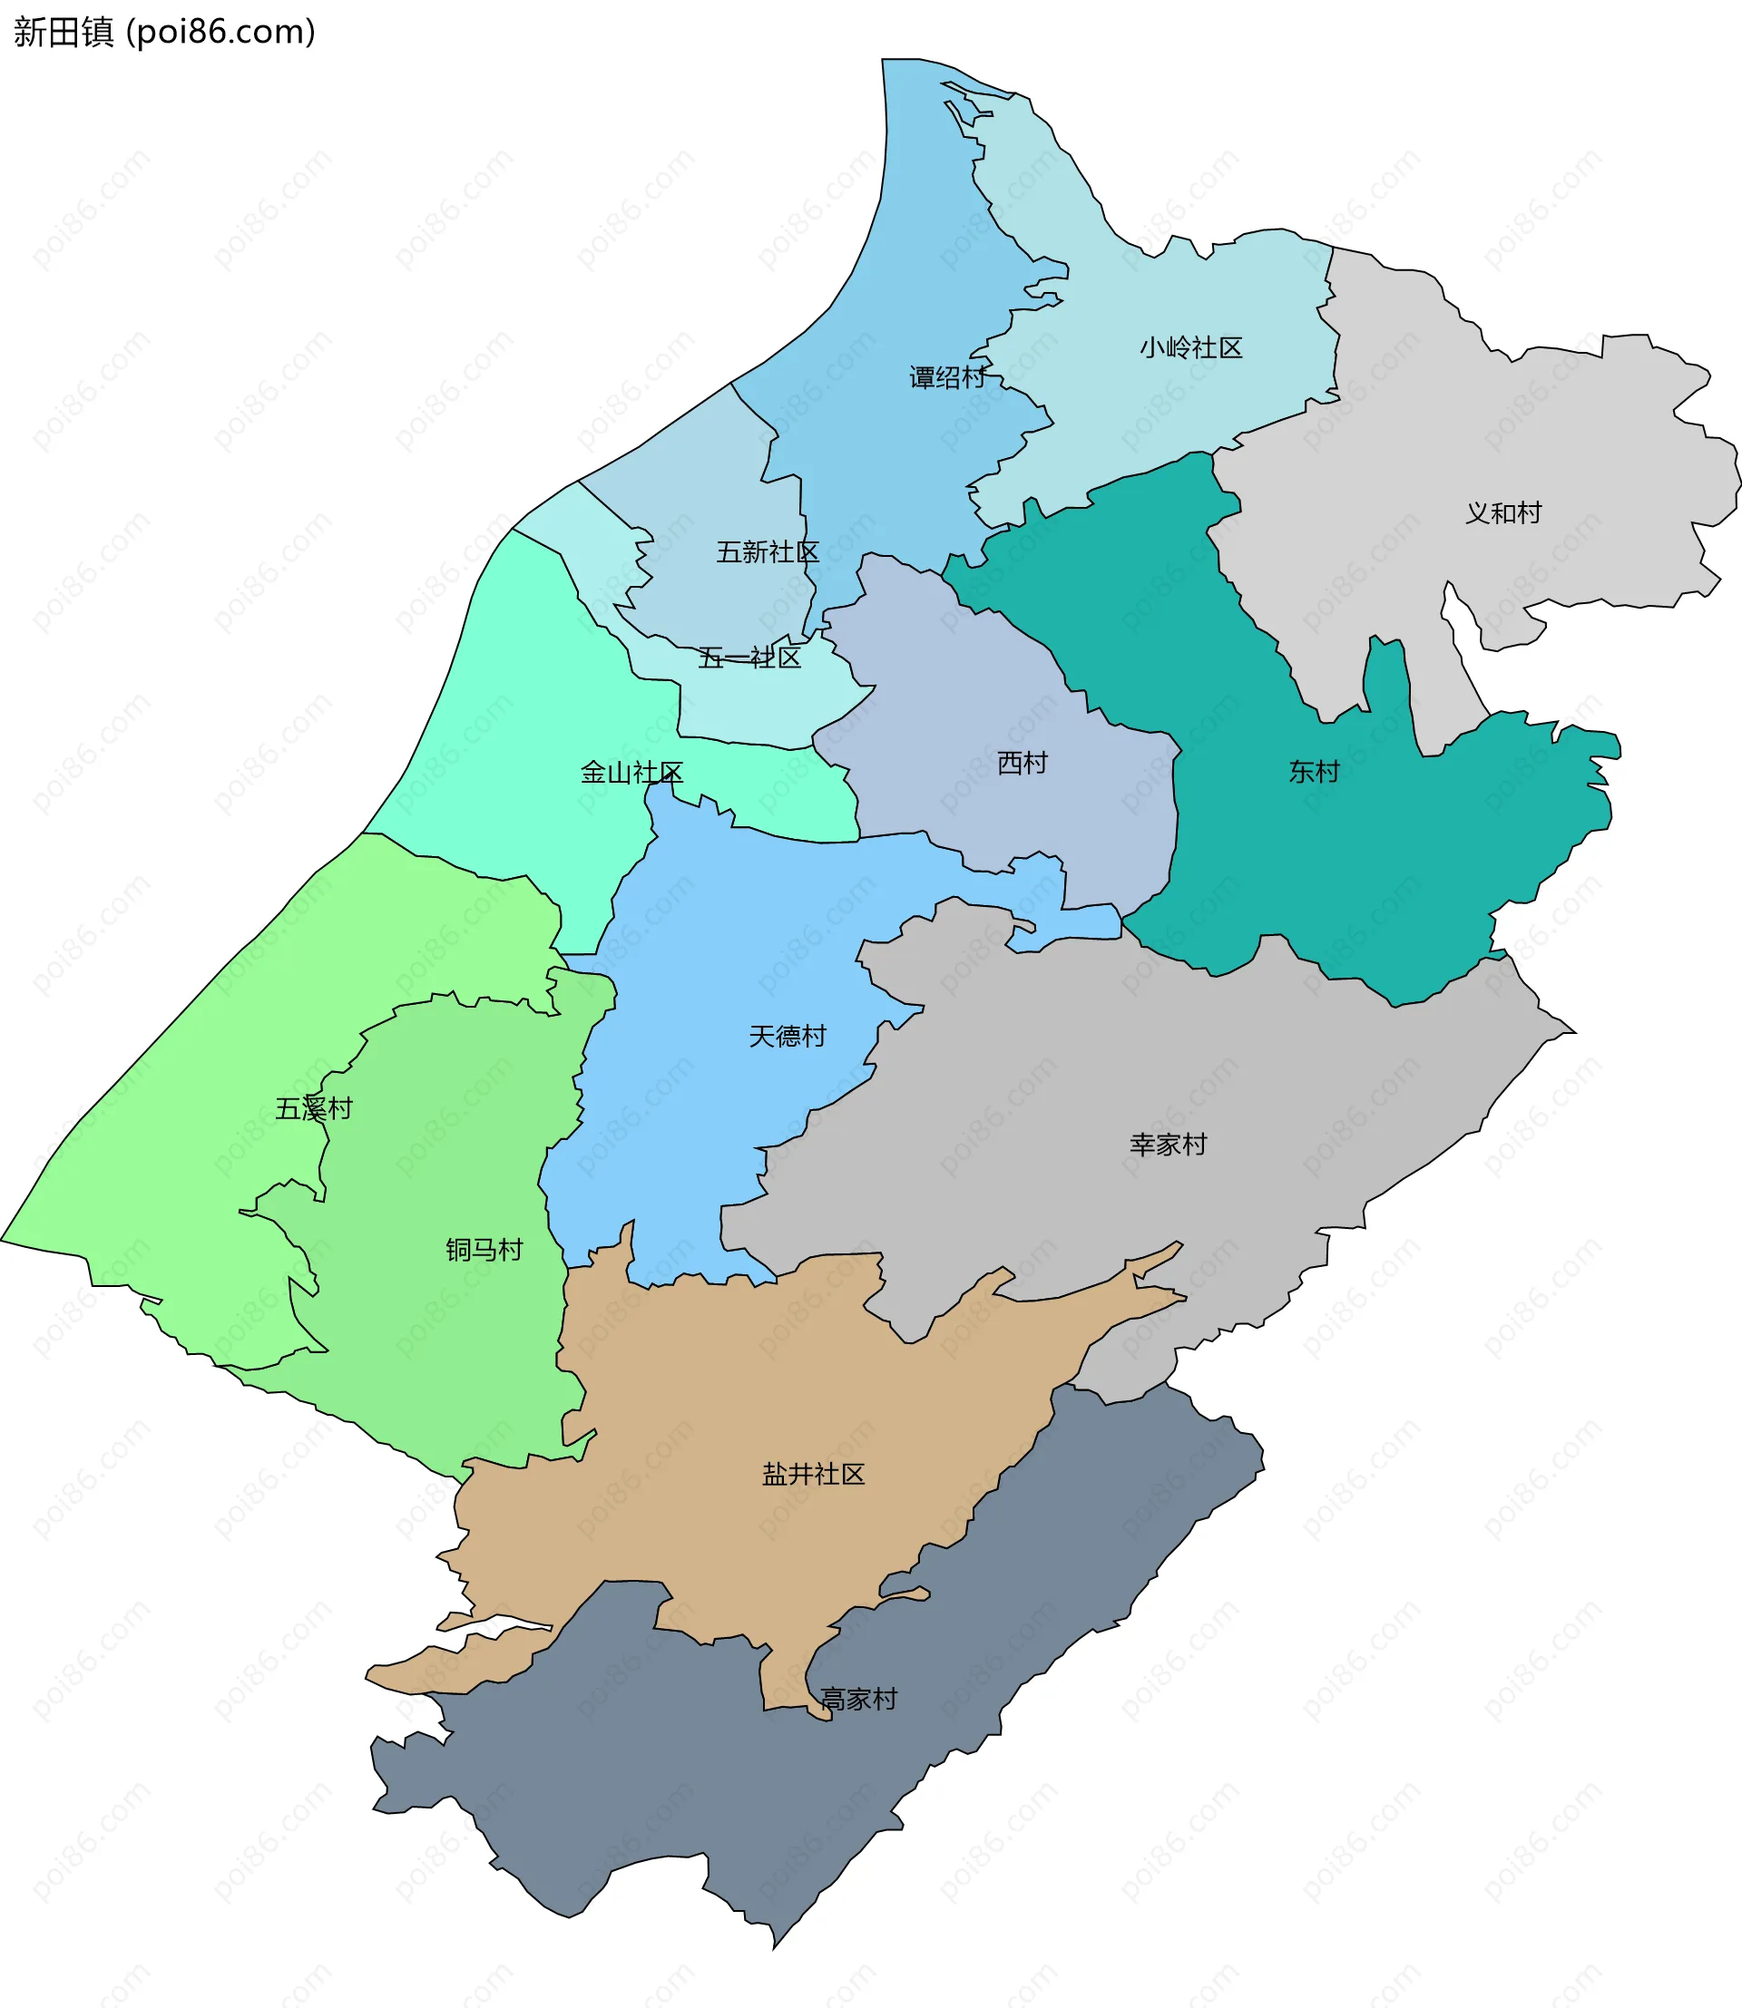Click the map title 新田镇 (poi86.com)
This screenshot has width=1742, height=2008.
click(x=164, y=32)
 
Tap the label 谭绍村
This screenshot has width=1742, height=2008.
click(x=947, y=377)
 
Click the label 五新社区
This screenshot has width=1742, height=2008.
click(x=767, y=551)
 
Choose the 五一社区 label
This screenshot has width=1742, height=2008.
click(x=749, y=658)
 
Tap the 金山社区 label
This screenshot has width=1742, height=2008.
click(x=631, y=772)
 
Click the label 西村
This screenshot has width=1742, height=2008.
click(x=1022, y=762)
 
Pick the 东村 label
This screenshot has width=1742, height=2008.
click(x=1314, y=771)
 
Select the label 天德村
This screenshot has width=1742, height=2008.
click(x=788, y=1035)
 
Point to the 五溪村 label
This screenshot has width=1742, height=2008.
click(x=313, y=1108)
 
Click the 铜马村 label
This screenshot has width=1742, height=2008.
click(x=484, y=1249)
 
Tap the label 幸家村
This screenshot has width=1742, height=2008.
click(x=1168, y=1144)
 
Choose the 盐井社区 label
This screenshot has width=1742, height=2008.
click(x=813, y=1474)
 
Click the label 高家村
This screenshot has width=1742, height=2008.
click(x=858, y=1699)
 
